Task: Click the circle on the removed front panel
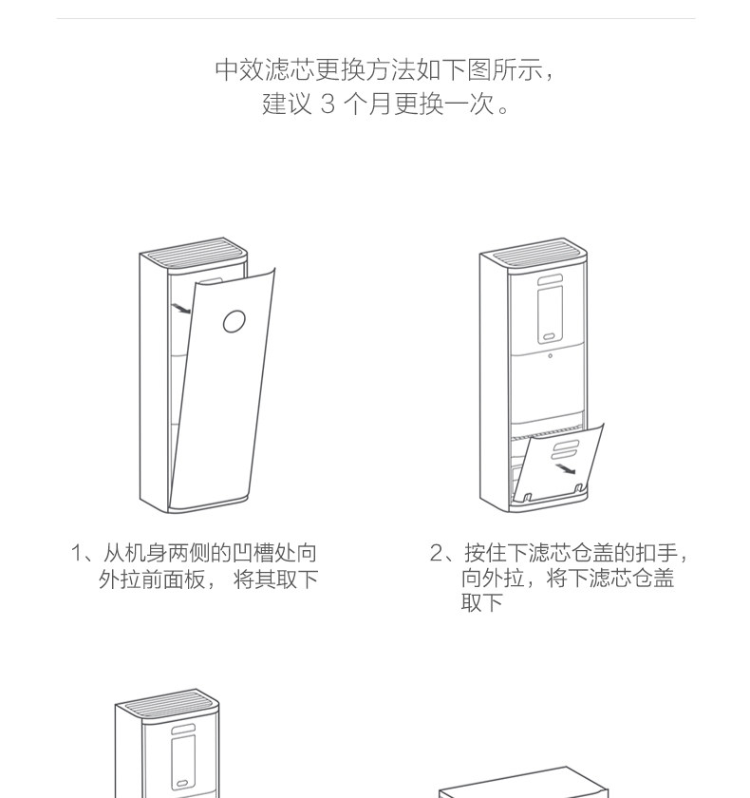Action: (x=234, y=321)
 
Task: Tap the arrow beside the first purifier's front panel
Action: (x=180, y=308)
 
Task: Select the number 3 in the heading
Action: (x=328, y=104)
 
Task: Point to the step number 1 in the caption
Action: (x=77, y=553)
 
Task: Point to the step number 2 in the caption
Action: (x=437, y=553)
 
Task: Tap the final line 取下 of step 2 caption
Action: (x=481, y=603)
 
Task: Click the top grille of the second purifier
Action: (x=534, y=254)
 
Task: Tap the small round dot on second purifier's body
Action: (x=549, y=357)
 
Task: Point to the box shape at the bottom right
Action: (x=522, y=784)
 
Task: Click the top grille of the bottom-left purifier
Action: (x=168, y=705)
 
